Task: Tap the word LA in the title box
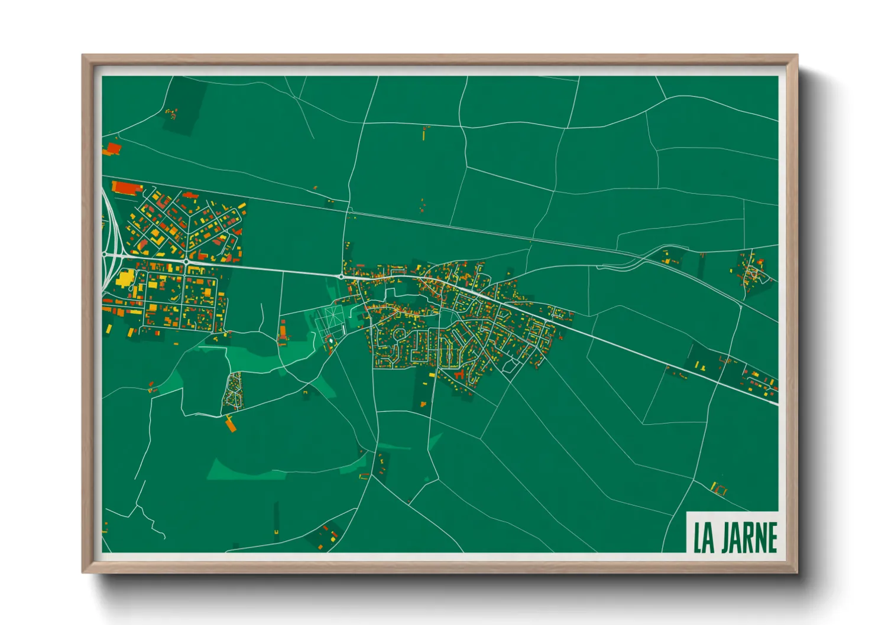pos(703,537)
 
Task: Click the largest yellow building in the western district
pos(126,278)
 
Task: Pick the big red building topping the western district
pos(127,187)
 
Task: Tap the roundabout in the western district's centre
pos(186,261)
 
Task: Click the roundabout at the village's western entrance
pos(341,275)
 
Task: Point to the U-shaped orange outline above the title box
pos(718,489)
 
